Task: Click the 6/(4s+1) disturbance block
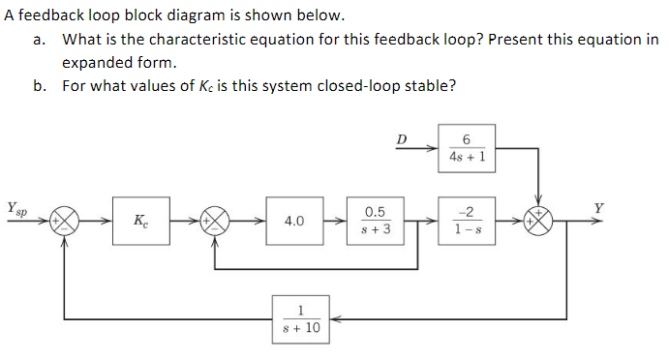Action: [x=468, y=148]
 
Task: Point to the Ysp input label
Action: [x=16, y=207]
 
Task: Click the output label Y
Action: [x=599, y=206]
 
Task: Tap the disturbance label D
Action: [x=402, y=139]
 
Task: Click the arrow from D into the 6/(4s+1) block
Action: [x=425, y=149]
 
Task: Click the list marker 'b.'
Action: [x=40, y=85]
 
